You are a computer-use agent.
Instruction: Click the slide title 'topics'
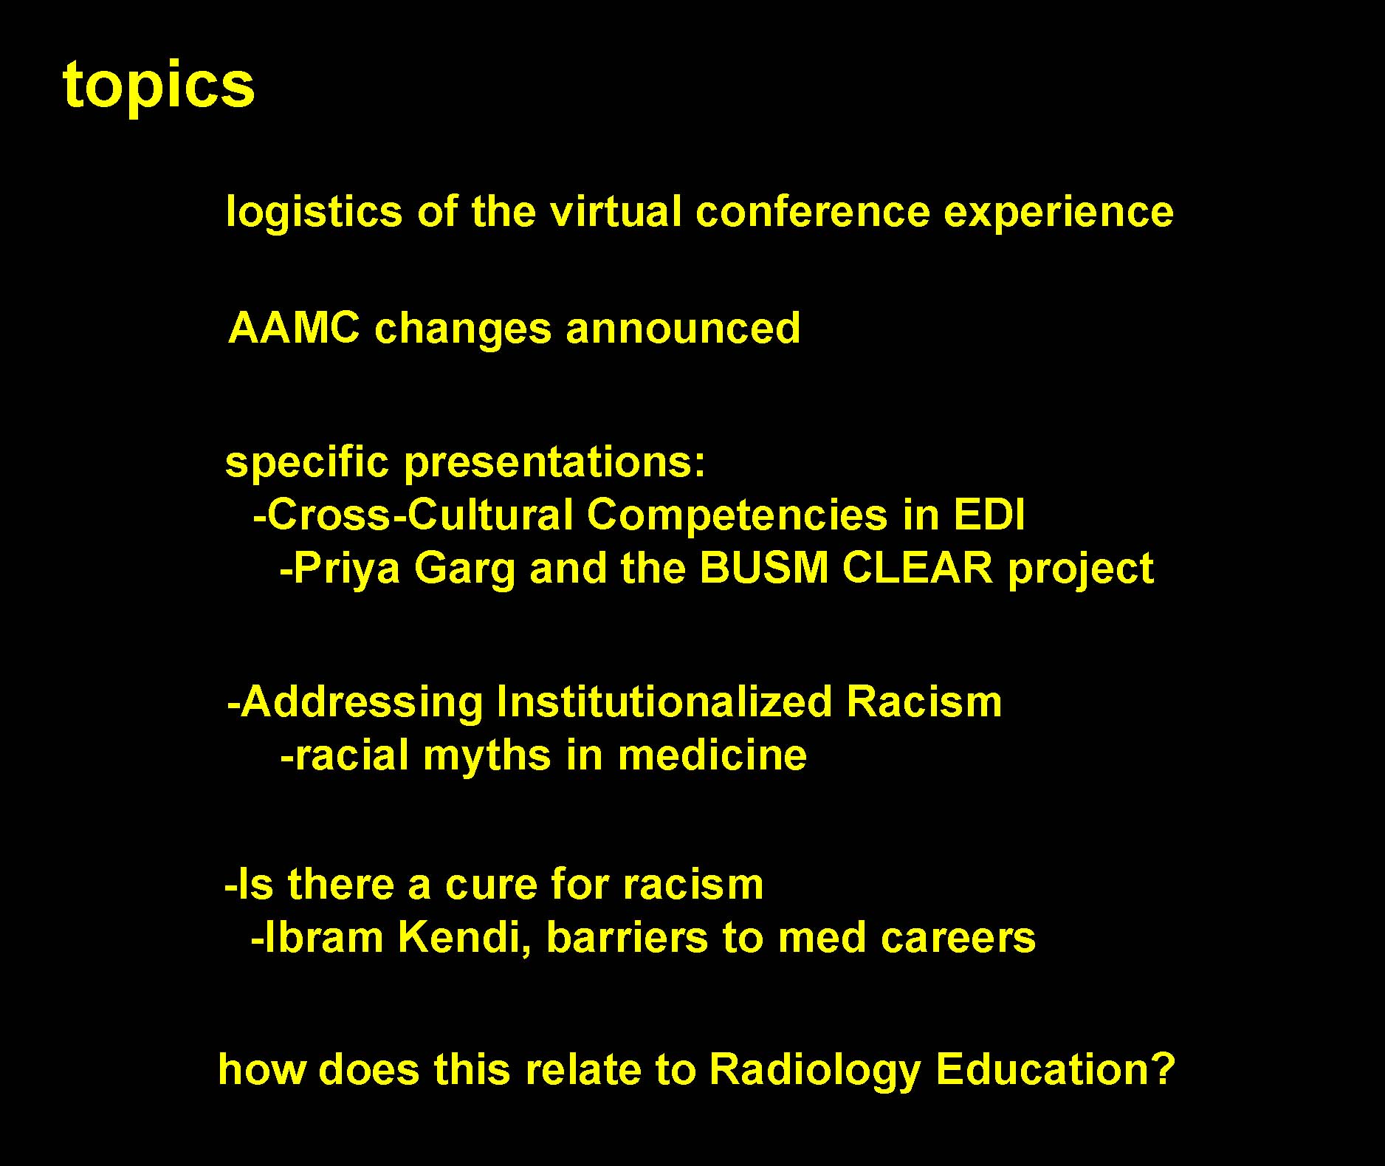159,86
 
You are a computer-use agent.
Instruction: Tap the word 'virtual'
614,211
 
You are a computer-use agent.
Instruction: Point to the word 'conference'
812,212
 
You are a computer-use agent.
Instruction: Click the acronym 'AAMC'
294,328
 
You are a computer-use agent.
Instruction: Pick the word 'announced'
683,329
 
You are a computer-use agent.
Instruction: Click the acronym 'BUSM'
763,569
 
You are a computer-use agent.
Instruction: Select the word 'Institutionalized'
664,702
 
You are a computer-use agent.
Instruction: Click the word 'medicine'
712,756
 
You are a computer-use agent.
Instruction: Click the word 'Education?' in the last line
1055,1069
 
